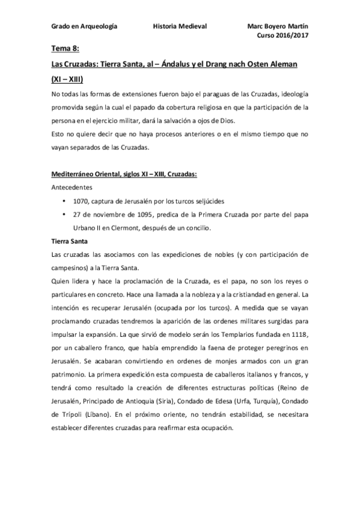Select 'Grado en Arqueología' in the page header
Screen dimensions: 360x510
click(84, 27)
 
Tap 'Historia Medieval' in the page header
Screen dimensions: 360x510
click(180, 27)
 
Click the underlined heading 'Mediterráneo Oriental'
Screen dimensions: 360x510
click(84, 174)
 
